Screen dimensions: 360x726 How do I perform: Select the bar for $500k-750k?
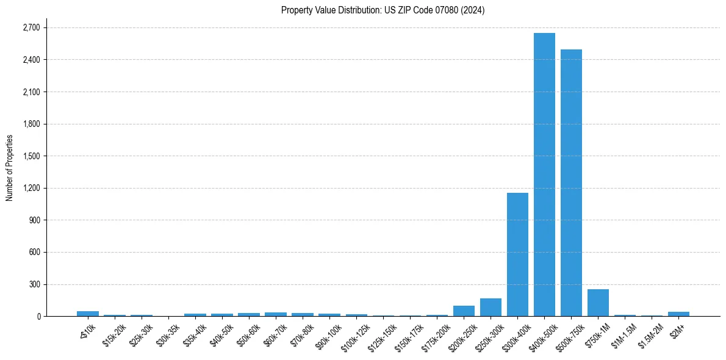[571, 183]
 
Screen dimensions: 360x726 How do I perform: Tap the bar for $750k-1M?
[598, 303]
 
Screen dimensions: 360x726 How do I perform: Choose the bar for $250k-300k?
[491, 308]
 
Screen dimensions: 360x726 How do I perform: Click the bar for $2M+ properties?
[678, 314]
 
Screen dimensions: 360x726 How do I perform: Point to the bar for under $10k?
[88, 314]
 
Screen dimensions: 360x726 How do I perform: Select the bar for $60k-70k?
[276, 314]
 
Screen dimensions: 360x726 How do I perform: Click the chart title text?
[383, 10]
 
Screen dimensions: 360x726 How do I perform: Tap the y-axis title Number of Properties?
[9, 168]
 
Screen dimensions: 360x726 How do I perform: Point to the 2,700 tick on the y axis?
[31, 28]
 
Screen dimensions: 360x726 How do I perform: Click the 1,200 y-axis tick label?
[31, 189]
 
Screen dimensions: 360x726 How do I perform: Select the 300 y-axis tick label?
[34, 284]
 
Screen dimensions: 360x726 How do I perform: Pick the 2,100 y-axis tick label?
[31, 92]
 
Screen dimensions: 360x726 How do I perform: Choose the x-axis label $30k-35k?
[168, 333]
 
